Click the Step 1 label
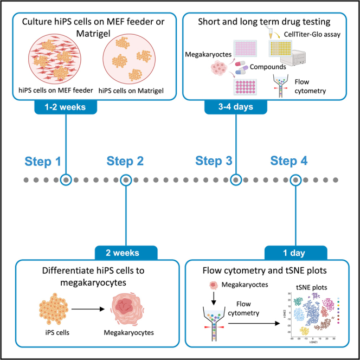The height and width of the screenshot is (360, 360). [43, 161]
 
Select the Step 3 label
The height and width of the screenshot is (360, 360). [214, 160]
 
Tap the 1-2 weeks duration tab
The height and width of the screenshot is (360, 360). [66, 107]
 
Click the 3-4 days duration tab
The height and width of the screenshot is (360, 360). [236, 107]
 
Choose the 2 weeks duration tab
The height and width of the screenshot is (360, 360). [126, 253]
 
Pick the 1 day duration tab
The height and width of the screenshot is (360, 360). [295, 253]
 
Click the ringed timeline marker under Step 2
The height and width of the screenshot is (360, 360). [126, 180]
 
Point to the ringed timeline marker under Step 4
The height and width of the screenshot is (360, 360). [295, 180]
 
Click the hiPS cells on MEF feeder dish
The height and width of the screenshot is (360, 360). [55, 59]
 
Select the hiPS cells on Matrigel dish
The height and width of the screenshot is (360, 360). [129, 59]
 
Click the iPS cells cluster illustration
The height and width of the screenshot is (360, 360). [54, 308]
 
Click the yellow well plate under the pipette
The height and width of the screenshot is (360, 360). [280, 48]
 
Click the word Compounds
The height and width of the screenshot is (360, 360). [268, 67]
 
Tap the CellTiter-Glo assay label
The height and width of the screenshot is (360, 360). [312, 35]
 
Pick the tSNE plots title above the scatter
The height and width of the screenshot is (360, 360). [312, 287]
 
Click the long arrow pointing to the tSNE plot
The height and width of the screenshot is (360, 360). [254, 323]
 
